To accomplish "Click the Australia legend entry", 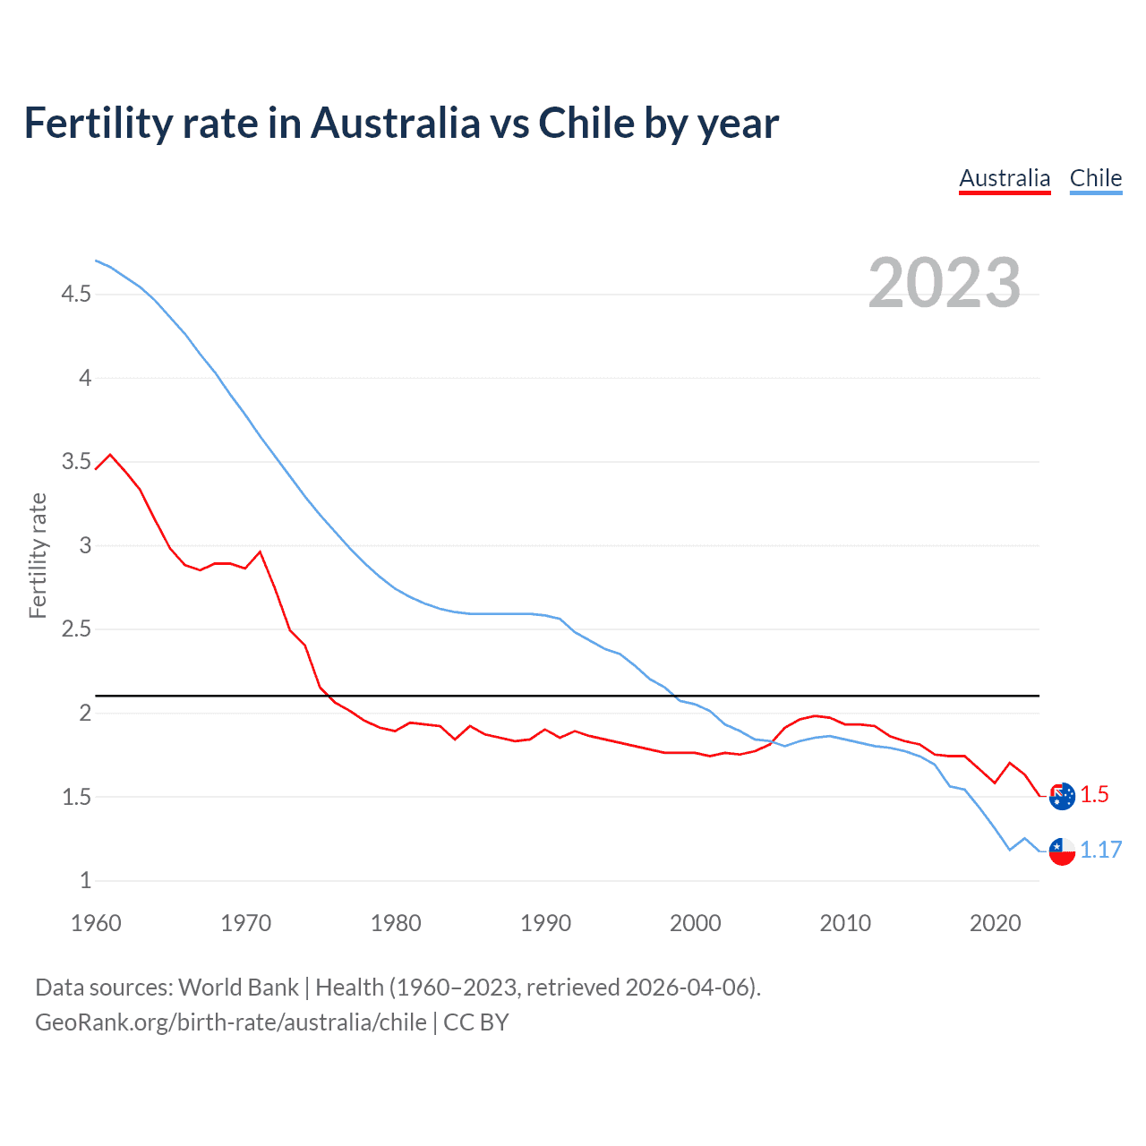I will pos(1005,178).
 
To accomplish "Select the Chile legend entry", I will pos(1096,178).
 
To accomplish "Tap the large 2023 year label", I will pos(945,283).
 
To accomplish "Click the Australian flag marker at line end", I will pos(1062,796).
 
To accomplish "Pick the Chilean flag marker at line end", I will pos(1062,851).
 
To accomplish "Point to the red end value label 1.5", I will pos(1094,795).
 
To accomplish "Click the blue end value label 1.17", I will pos(1100,850).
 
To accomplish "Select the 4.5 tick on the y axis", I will pos(76,294).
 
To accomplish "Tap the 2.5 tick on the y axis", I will pos(76,629).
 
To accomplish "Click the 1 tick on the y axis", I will pos(85,881).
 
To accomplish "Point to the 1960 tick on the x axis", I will pos(96,923).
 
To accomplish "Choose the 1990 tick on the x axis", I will pos(545,923).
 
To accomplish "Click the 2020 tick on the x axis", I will pos(995,923).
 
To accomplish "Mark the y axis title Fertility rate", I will pos(38,555).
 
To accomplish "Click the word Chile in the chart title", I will pos(586,124).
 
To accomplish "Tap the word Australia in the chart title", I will pos(395,124).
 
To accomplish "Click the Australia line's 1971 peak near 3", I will pos(261,552).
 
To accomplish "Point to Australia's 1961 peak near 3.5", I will pos(110,454).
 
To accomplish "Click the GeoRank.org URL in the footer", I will pos(231,1022).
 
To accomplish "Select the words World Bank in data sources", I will pos(238,988).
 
